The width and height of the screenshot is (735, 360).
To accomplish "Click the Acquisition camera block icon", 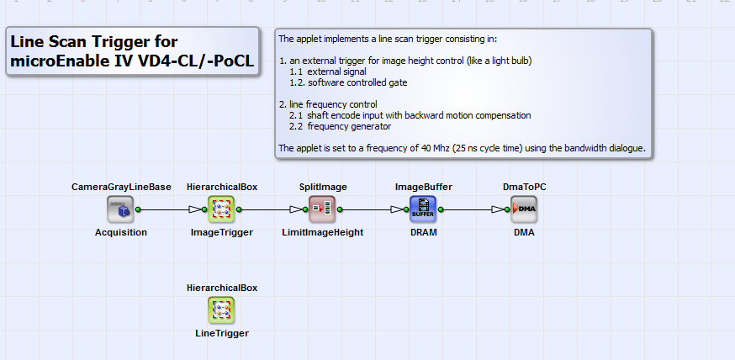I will click(x=120, y=209).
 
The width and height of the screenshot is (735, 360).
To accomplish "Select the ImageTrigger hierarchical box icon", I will click(x=221, y=209).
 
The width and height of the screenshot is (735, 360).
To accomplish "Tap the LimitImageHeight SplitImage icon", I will click(x=322, y=209).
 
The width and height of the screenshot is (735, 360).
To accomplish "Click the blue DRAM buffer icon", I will click(x=423, y=209).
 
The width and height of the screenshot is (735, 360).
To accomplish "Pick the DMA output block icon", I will click(x=524, y=209).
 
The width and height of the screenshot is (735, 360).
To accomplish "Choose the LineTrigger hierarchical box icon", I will click(x=221, y=310).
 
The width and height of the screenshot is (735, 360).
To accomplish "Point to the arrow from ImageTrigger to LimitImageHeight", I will click(x=272, y=209).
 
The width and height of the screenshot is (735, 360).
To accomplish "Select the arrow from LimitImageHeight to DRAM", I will click(x=373, y=209).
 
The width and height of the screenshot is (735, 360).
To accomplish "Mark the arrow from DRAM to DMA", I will click(x=473, y=209).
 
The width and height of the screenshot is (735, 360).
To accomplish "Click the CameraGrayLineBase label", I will click(x=120, y=186).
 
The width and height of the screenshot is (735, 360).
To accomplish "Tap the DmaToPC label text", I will click(x=524, y=186).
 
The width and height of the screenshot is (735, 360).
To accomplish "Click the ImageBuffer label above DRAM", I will click(x=423, y=186).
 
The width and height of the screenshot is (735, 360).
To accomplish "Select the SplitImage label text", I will click(x=322, y=186).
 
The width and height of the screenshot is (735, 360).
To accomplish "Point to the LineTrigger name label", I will click(x=221, y=333).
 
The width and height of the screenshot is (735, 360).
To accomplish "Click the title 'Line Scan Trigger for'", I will click(x=93, y=42).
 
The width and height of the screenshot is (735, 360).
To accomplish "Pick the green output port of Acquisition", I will click(x=138, y=209).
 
